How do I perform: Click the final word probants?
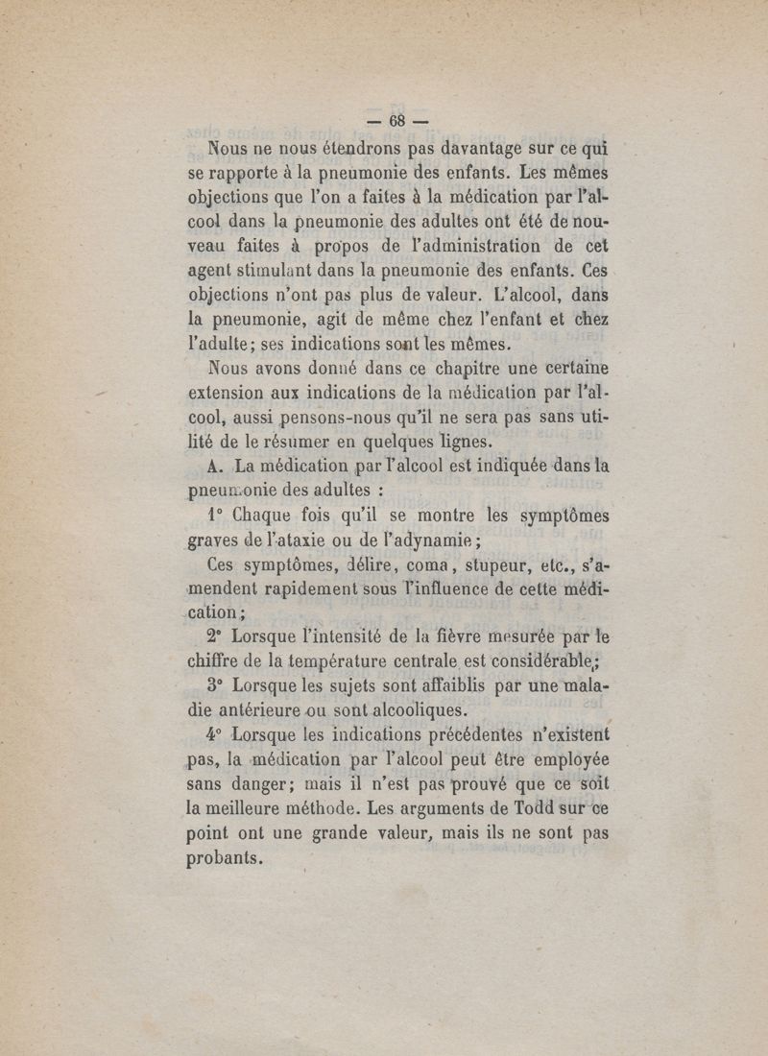point(223,860)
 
